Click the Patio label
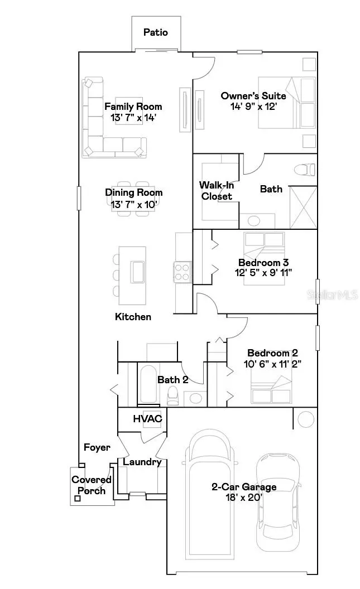coord(155,32)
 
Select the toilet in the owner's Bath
coord(304,168)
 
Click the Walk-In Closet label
coord(216,190)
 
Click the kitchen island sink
coord(137,272)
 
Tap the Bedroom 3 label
coord(263,262)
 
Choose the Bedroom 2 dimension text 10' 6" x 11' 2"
coord(272,364)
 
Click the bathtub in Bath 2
coord(148,385)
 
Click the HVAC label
coord(147,418)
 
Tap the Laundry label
coord(142,462)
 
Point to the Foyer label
coord(97,447)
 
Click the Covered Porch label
coord(92,485)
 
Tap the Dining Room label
coord(134,192)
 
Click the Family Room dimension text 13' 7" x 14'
coord(133,117)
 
